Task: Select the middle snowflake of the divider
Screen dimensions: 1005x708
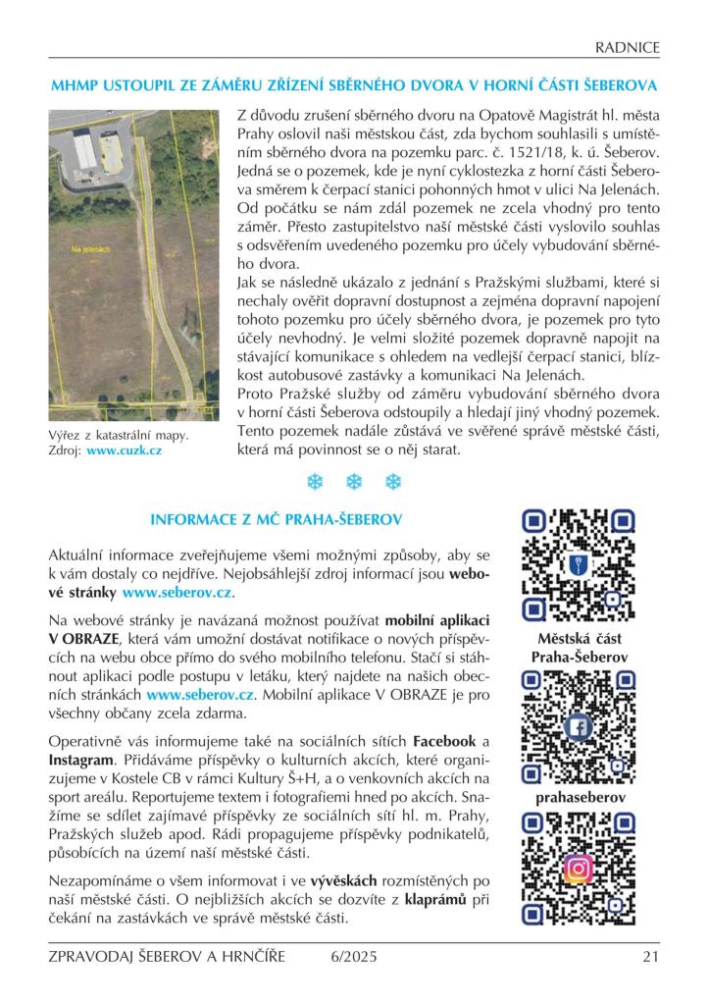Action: coord(354,481)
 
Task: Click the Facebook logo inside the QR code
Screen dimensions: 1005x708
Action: coord(580,727)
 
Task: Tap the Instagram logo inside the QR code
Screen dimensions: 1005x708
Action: coord(580,869)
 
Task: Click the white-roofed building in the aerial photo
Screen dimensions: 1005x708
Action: coord(85,150)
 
